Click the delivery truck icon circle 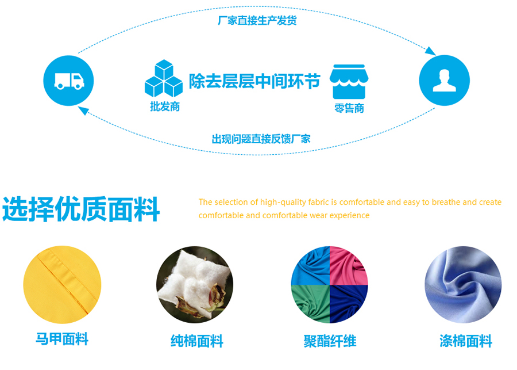click(x=68, y=81)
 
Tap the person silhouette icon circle click(x=444, y=81)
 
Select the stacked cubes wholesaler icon click(x=164, y=78)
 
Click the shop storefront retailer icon click(x=349, y=82)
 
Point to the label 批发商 click(x=165, y=106)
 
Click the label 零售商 click(x=349, y=108)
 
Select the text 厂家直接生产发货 click(x=257, y=21)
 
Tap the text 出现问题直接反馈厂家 click(x=261, y=139)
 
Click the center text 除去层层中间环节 click(x=254, y=81)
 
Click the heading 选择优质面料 click(x=81, y=209)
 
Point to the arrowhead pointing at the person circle click(x=430, y=51)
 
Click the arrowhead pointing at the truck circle click(x=84, y=110)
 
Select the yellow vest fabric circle click(x=62, y=285)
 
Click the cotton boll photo click(x=195, y=285)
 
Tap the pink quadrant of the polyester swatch click(x=348, y=266)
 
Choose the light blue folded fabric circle click(x=463, y=285)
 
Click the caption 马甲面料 click(x=62, y=339)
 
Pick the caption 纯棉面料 click(x=197, y=341)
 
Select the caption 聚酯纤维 click(x=330, y=341)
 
